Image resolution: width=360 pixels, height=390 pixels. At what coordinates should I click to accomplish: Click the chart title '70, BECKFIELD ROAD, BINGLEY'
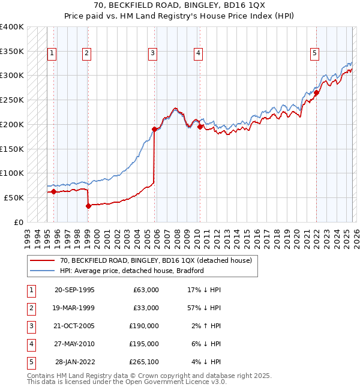(179, 6)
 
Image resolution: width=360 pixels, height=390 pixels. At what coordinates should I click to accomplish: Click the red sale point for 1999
(88, 206)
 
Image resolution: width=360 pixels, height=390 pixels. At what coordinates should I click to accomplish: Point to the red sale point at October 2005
(154, 129)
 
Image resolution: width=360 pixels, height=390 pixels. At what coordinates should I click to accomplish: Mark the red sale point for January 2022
(316, 92)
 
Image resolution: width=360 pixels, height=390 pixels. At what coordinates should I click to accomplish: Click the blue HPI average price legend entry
(131, 271)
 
